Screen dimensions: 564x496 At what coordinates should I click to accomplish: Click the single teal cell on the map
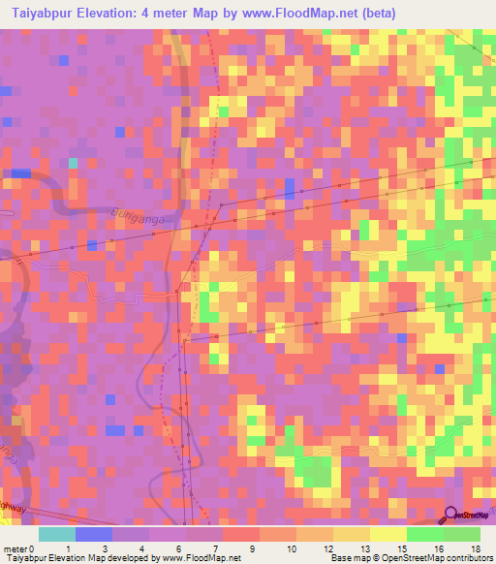73,162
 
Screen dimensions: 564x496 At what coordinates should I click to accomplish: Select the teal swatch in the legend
57,534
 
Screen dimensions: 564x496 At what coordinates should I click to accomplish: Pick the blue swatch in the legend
94,534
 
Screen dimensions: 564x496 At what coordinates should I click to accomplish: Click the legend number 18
474,548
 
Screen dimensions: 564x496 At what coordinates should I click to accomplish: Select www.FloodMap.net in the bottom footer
201,559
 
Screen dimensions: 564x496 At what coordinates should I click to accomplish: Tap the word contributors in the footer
468,559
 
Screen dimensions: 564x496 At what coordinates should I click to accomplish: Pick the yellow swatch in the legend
387,534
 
